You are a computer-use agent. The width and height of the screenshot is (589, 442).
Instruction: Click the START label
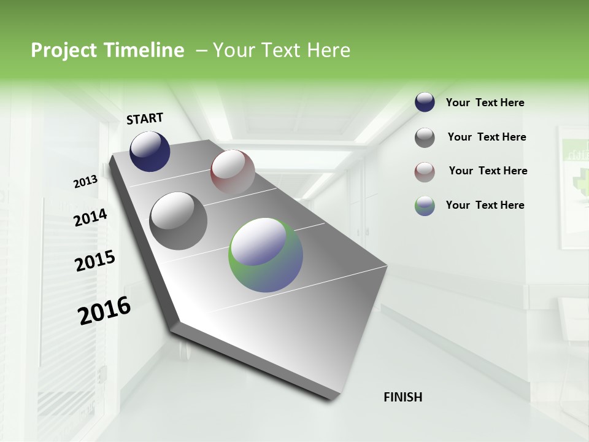(145, 118)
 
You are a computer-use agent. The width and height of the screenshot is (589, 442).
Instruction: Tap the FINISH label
(402, 397)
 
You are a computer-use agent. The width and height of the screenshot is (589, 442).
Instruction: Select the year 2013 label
(85, 181)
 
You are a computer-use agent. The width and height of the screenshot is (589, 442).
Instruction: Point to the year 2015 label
(95, 261)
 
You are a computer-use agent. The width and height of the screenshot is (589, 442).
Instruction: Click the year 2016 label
(104, 310)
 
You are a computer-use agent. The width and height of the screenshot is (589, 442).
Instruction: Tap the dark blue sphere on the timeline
(150, 151)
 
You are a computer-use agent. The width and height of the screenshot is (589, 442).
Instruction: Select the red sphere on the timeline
(233, 172)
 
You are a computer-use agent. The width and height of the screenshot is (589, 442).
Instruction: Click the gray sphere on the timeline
(179, 221)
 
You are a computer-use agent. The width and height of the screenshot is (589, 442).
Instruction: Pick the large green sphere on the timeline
(266, 255)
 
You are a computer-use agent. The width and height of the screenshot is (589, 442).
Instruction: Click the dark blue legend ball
(425, 103)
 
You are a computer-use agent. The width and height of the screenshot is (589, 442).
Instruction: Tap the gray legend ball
(425, 138)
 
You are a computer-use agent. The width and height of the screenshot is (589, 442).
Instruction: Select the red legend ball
(425, 172)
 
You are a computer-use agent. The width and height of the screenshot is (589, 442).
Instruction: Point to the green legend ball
(425, 206)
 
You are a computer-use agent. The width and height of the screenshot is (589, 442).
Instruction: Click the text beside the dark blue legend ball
(485, 103)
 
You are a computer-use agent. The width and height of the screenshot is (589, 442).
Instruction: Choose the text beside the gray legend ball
(487, 138)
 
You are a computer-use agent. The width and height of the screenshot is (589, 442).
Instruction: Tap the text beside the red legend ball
(488, 171)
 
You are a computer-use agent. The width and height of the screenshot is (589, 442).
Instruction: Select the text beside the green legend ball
(485, 205)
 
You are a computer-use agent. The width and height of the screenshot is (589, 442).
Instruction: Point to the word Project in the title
(63, 51)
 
